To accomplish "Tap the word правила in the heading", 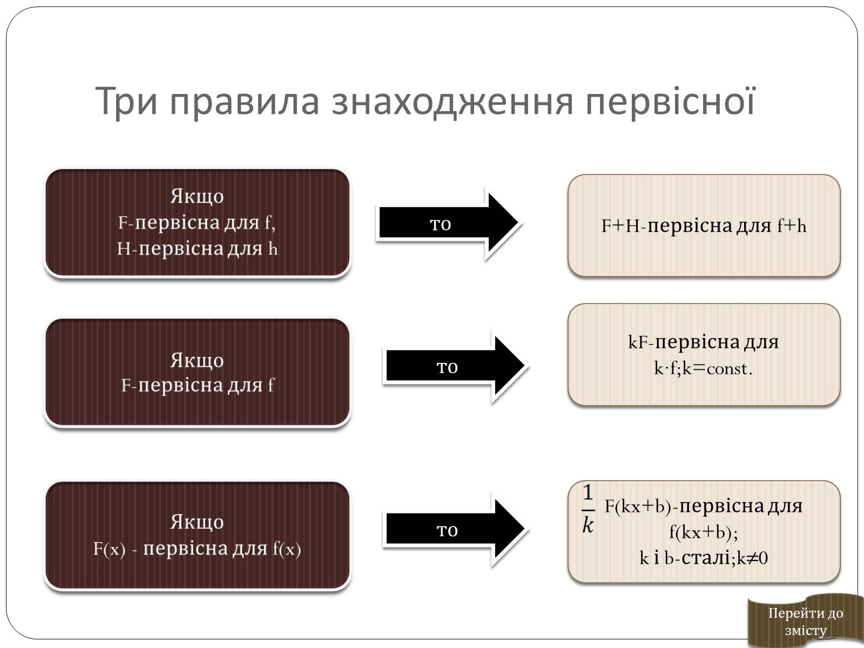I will coord(245,101).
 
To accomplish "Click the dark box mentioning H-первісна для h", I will coord(197,222).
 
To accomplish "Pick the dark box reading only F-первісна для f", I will coord(197,372).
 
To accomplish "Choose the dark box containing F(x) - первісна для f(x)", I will coord(197,535).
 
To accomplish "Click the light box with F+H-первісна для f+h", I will coord(704,225).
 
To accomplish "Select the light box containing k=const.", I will coord(704,355).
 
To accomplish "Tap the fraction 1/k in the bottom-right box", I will coord(588,508).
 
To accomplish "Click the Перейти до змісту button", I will coord(805,621).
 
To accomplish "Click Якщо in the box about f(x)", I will coord(197,522).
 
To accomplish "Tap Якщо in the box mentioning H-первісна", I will coord(197,195).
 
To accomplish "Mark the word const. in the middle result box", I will coord(729,369).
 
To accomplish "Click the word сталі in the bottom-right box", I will coord(706,557).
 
